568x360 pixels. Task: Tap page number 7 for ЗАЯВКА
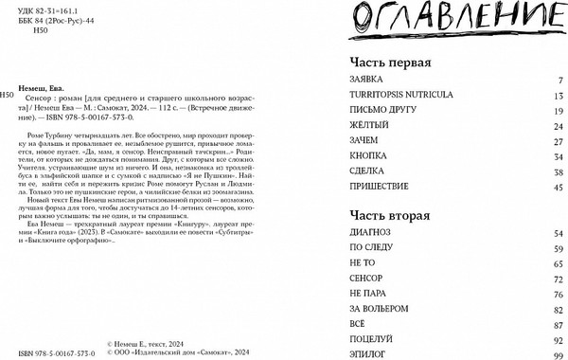560,81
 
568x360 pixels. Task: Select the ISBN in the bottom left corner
47,351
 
